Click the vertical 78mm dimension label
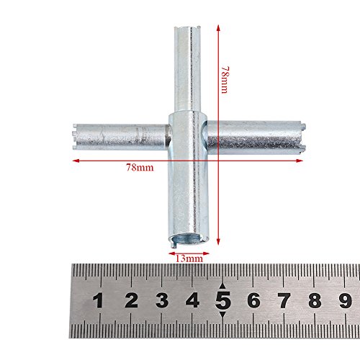225,80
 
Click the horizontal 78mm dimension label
140,168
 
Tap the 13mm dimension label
189,258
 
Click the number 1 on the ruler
98,301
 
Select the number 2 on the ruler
131,300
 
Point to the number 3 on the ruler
162,300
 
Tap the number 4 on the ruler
192,300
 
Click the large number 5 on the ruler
223,300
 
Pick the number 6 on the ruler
254,300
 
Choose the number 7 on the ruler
284,300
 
